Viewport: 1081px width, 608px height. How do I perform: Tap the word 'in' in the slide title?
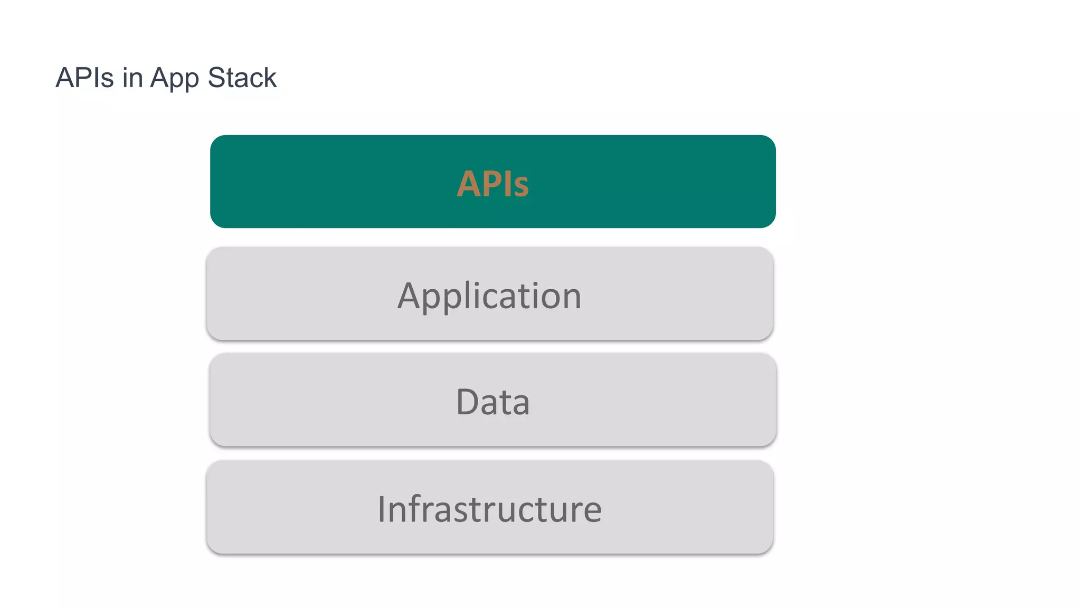[132, 78]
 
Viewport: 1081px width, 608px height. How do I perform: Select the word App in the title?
[174, 79]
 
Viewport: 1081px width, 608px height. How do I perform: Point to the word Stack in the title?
[242, 78]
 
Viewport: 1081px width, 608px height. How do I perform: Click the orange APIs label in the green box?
[492, 184]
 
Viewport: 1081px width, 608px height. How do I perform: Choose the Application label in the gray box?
[489, 296]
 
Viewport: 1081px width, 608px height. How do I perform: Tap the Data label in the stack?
[492, 402]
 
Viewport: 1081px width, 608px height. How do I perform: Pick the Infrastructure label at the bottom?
[489, 509]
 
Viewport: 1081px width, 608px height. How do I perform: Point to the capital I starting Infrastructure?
[382, 509]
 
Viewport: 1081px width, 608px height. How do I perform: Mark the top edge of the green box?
[492, 136]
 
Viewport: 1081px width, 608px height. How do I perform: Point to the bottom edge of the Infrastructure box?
[489, 553]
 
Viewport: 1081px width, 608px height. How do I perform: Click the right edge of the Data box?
[775, 400]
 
